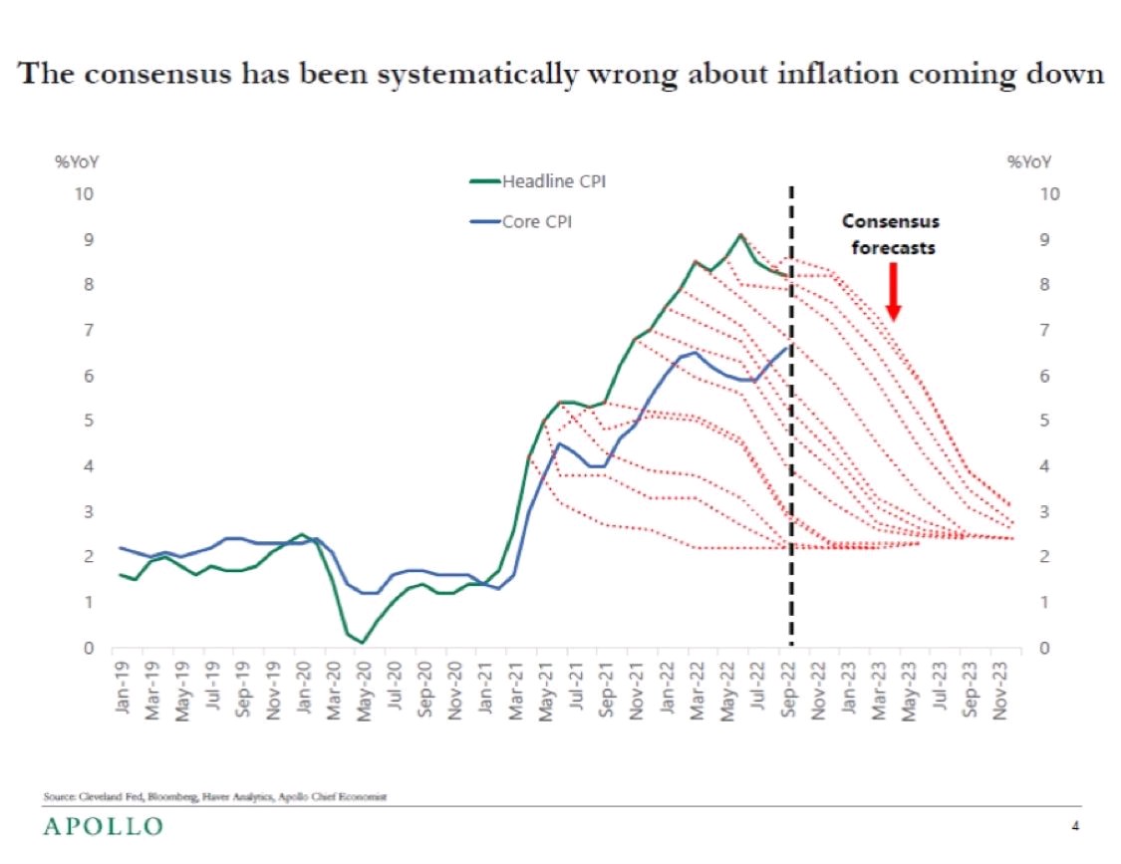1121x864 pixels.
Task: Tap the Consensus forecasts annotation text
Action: [x=892, y=234]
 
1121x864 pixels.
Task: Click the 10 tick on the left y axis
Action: [x=87, y=192]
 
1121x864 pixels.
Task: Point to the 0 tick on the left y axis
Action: [x=90, y=648]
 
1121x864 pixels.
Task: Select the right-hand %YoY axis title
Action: [x=1029, y=161]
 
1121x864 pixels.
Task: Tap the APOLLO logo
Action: [x=103, y=826]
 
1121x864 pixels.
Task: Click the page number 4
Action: [x=1075, y=825]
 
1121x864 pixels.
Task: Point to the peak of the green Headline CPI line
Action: [x=739, y=235]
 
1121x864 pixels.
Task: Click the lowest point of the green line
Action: [x=364, y=643]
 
